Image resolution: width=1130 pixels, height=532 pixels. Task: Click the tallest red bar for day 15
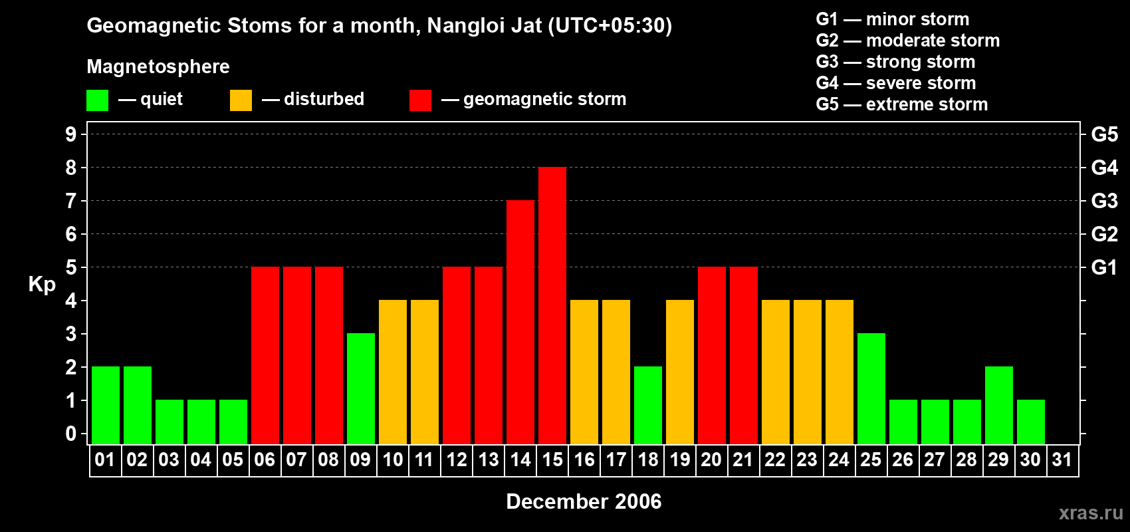[x=552, y=305]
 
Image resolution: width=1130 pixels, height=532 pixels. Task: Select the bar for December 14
[x=520, y=322]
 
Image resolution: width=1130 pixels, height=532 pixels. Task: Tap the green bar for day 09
[x=361, y=388]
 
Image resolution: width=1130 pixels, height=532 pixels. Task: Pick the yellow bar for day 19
[x=680, y=372]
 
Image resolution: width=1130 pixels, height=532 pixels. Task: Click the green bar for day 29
[x=999, y=405]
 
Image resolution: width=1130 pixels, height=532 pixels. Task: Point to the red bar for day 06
[x=265, y=355]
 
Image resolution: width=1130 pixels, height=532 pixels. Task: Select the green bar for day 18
[x=648, y=405]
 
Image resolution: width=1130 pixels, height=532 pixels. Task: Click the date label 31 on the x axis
[x=1062, y=460]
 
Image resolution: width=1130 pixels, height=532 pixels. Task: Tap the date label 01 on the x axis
[x=105, y=460]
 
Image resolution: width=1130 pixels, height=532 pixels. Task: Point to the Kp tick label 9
[x=71, y=134]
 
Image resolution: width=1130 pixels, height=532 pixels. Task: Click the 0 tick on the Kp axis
[x=71, y=434]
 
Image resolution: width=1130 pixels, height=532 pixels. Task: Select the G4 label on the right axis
[x=1104, y=168]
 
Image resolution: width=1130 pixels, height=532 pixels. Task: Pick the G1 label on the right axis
[x=1104, y=267]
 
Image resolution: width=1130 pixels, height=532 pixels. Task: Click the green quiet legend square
[x=98, y=100]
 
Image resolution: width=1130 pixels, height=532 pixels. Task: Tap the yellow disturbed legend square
[x=241, y=100]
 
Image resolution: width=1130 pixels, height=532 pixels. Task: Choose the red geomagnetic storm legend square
[x=420, y=100]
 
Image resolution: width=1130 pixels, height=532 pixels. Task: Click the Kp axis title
[x=42, y=284]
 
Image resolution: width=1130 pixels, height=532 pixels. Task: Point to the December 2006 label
[x=584, y=501]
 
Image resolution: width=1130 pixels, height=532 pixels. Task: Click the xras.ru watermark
[x=1091, y=513]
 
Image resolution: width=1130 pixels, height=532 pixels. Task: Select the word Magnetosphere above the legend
[x=158, y=66]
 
